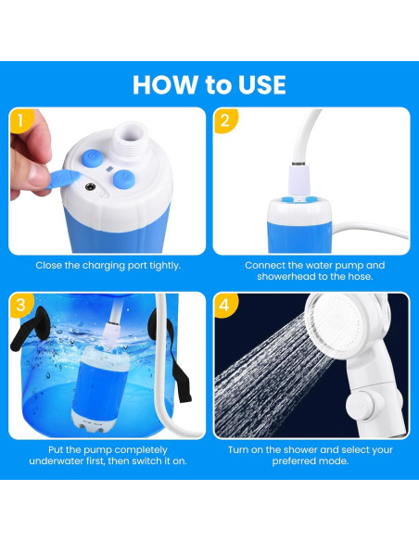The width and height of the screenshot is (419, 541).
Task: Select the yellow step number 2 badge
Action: [224, 120]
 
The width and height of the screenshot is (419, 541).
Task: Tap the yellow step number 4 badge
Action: [224, 304]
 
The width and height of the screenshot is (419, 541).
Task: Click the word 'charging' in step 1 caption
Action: [100, 265]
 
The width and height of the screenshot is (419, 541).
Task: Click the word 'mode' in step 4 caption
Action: [327, 462]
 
